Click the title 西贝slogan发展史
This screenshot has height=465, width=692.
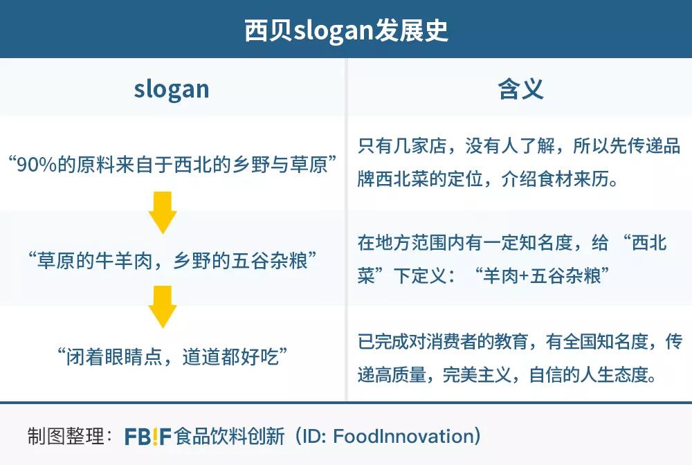click(x=346, y=30)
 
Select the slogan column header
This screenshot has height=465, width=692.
click(x=171, y=89)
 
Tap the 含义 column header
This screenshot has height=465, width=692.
click(x=520, y=89)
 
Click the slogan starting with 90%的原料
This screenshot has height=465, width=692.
click(x=172, y=165)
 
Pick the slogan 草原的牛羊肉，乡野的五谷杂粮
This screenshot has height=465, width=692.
click(x=172, y=262)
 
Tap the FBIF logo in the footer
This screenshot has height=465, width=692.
click(x=148, y=437)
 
